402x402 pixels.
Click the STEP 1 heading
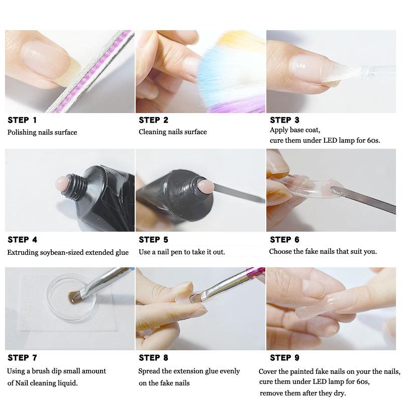pyautogui.click(x=22, y=120)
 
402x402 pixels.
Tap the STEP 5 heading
pyautogui.click(x=153, y=240)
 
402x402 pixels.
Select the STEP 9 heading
pyautogui.click(x=284, y=358)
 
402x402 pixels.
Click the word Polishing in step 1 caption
pyautogui.click(x=22, y=132)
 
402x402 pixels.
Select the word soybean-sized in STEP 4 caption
pyautogui.click(x=64, y=252)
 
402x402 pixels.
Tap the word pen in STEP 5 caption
pyautogui.click(x=173, y=252)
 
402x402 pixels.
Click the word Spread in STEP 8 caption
pyautogui.click(x=150, y=371)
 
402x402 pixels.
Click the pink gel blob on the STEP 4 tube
pyautogui.click(x=62, y=181)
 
